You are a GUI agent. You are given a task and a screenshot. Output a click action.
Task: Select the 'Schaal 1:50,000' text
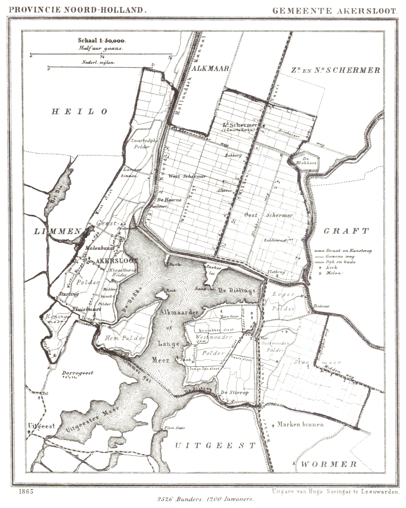point(101,41)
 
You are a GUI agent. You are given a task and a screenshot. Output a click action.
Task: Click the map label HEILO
point(79,112)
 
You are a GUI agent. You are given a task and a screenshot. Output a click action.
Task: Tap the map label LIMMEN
point(58,231)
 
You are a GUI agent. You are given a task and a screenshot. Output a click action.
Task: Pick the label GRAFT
point(346,231)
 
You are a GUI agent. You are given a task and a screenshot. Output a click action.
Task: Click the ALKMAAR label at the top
point(210,69)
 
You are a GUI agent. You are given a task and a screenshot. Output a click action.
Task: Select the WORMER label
point(329,464)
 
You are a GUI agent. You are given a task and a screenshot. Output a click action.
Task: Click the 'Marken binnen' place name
point(300,424)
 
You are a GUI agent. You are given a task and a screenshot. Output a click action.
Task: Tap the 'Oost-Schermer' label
point(268,215)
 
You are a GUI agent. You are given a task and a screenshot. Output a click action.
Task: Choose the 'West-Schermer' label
point(187,176)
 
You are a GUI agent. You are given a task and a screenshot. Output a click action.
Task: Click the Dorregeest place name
point(78,373)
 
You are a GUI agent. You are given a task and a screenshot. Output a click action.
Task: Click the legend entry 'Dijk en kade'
point(340,262)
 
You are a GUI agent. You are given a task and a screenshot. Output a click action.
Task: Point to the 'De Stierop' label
point(234,392)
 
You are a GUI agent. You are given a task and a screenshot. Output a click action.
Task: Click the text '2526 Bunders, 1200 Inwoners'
point(205,500)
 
